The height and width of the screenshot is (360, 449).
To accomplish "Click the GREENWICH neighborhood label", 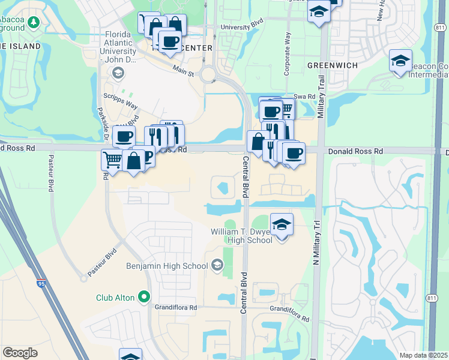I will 332,65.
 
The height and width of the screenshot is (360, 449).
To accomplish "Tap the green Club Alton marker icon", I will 144,296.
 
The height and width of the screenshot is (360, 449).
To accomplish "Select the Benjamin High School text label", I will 166,265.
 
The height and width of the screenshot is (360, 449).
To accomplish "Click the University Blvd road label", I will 242,27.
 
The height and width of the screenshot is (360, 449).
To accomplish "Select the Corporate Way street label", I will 287,53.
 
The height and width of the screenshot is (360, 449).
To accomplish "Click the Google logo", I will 20,353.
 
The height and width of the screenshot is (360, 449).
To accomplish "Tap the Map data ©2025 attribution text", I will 423,355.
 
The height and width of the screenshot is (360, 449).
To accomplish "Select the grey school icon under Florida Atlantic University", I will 118,73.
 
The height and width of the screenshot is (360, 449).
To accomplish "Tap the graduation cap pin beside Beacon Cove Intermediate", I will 400,61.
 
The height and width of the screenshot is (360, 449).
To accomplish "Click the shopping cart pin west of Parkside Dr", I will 112,160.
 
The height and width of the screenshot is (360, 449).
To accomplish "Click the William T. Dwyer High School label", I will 241,236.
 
